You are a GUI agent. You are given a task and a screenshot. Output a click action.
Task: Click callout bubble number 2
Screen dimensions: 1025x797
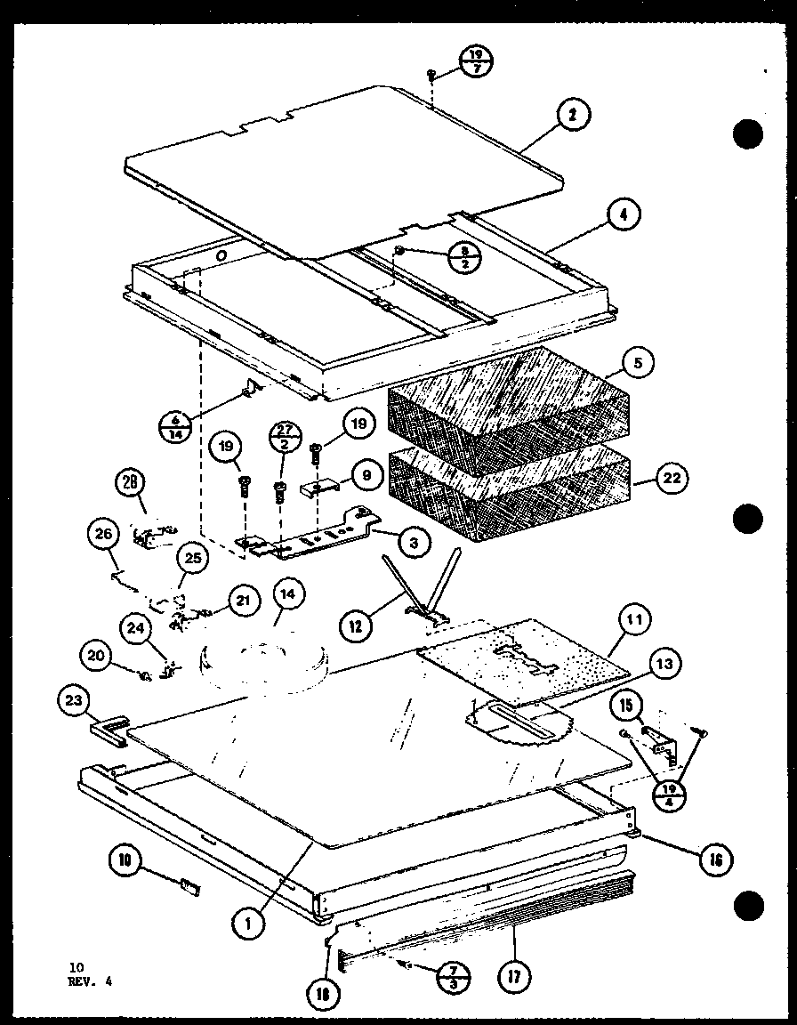pos(574,116)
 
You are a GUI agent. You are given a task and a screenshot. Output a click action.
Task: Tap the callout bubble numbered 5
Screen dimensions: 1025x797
pos(638,362)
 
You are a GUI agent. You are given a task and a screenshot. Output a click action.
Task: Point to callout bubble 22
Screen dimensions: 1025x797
pos(671,478)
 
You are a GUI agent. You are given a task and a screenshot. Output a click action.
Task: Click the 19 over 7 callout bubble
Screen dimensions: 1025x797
pos(477,62)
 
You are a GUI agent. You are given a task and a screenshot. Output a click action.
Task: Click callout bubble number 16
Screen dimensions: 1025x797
pos(716,859)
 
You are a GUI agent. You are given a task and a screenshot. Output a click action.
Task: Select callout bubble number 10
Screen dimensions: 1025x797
pos(125,860)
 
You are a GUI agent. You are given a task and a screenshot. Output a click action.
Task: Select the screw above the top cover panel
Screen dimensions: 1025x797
pos(430,74)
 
